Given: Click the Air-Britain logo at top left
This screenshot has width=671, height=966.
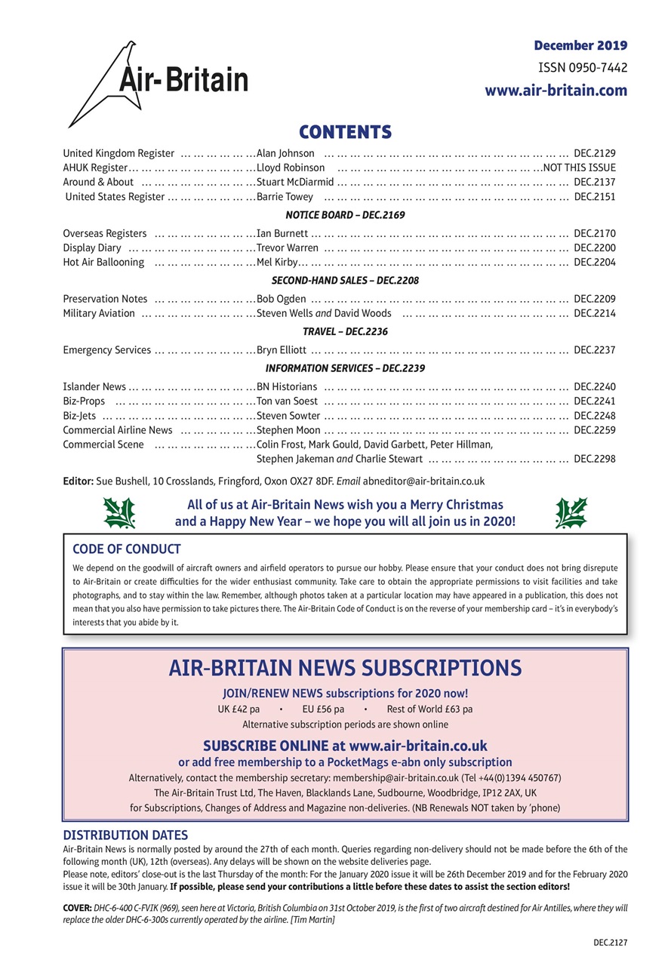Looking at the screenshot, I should [158, 82].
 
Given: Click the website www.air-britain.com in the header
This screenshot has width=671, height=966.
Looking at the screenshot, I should [556, 91].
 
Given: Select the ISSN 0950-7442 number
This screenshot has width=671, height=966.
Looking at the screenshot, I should [582, 68].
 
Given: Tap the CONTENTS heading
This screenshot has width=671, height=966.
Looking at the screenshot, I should [345, 132].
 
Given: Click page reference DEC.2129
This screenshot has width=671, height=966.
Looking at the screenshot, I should [595, 153].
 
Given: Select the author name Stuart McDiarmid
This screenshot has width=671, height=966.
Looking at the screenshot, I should [295, 182].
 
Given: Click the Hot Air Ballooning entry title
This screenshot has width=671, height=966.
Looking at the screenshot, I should [103, 263].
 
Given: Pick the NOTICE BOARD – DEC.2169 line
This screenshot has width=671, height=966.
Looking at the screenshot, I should [344, 215].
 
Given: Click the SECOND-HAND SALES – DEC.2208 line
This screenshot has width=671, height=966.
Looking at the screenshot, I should [344, 281].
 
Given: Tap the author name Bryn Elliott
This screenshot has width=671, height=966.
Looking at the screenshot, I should [282, 350].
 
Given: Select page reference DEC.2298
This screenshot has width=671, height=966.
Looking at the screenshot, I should [595, 459].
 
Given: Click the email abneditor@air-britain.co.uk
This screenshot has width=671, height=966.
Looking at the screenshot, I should [423, 481].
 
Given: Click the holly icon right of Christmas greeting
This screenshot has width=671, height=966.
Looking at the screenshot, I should [571, 513].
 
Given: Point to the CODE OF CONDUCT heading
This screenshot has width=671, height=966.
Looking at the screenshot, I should [126, 549].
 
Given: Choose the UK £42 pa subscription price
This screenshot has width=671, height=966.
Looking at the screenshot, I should [239, 709].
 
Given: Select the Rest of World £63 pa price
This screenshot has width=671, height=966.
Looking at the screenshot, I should [429, 709].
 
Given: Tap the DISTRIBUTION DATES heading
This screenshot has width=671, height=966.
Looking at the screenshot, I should [125, 835].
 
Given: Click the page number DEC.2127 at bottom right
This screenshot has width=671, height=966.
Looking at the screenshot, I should [610, 943].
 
